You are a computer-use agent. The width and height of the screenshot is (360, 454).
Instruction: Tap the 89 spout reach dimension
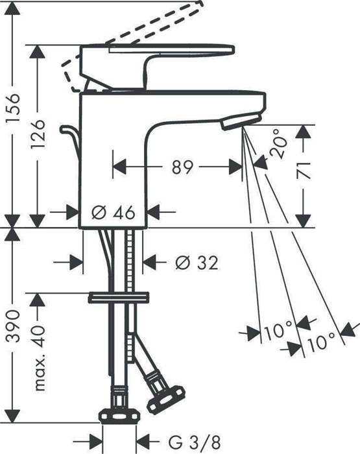point(183,167)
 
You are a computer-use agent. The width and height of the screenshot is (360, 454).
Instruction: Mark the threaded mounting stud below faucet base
point(135,259)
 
